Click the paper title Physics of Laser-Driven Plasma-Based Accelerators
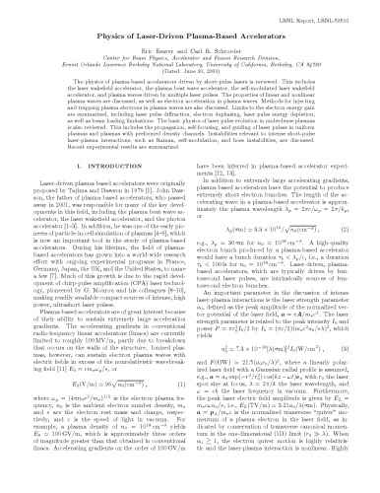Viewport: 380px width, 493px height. (x=190, y=35)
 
